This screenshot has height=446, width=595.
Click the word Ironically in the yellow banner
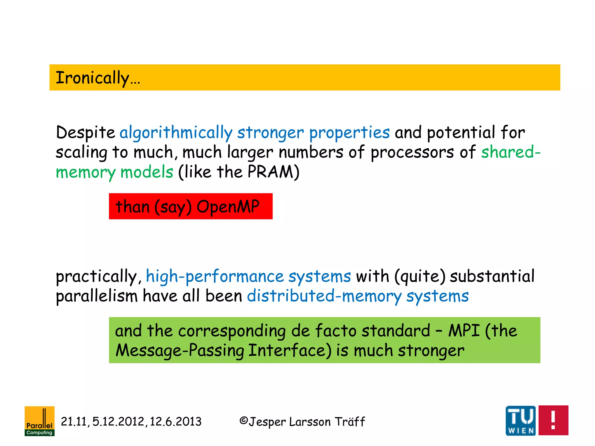click(92, 78)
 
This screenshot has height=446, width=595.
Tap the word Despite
click(85, 133)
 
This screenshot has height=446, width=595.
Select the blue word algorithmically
click(176, 133)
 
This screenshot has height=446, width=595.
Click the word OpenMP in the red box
click(228, 207)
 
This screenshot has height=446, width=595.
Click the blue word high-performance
click(215, 276)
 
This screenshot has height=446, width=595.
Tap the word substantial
click(492, 276)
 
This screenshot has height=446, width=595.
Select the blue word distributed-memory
click(324, 296)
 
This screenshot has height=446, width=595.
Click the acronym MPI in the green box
click(464, 331)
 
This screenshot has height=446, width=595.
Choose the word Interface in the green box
click(290, 350)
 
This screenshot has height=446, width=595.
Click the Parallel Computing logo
click(40, 421)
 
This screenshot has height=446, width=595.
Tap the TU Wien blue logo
click(520, 420)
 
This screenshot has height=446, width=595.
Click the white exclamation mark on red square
click(553, 420)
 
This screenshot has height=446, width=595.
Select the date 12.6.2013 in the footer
click(175, 422)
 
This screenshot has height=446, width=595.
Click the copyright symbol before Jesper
click(243, 421)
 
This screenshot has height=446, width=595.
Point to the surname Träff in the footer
click(350, 422)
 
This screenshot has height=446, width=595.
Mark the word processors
click(412, 152)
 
